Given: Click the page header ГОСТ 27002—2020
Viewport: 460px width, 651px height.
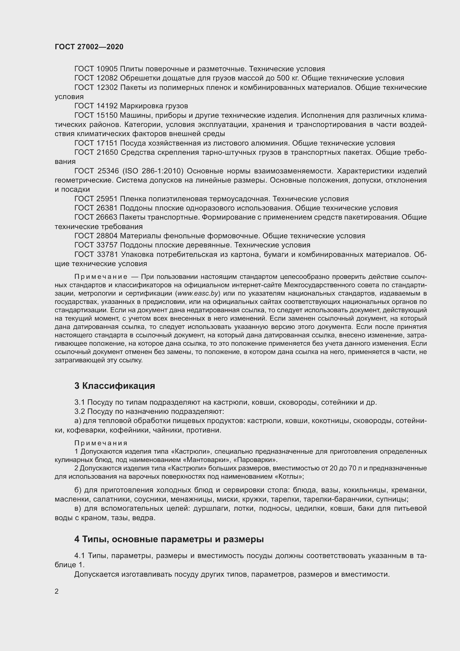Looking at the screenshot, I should (89, 47).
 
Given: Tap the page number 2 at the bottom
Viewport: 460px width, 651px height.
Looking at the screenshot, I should (57, 591).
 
